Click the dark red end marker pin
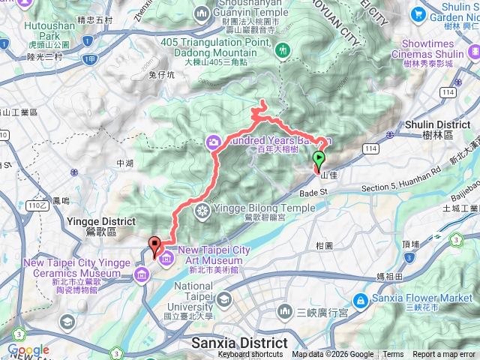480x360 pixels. pyautogui.click(x=155, y=244)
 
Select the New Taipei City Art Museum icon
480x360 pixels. pyautogui.click(x=163, y=257)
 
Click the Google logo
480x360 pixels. pyautogui.click(x=28, y=349)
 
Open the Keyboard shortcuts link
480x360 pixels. pyautogui.click(x=250, y=355)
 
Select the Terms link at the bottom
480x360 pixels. pyautogui.click(x=393, y=355)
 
